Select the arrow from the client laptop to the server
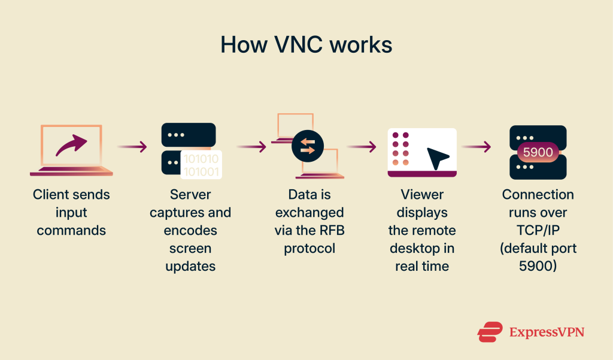point(132,147)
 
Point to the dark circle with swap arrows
point(308,147)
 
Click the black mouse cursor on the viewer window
point(438,158)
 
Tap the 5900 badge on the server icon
point(538,152)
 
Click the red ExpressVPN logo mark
point(489,331)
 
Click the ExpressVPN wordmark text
point(547,332)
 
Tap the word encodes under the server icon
point(190,231)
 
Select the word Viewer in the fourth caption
point(422,195)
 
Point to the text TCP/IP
point(538,231)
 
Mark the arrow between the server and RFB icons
point(251,147)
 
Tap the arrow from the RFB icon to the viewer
point(362,147)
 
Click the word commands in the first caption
point(71,231)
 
